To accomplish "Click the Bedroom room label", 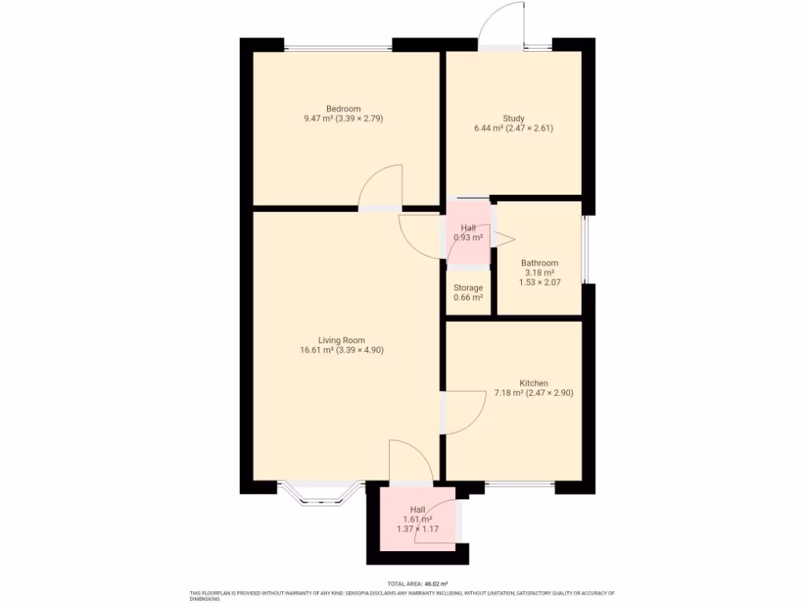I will [344, 108].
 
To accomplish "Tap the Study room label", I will [514, 119].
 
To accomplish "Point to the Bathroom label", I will [539, 263].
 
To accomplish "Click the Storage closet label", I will [468, 288].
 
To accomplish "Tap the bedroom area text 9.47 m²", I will [318, 119].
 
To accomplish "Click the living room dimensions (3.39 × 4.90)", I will [360, 350].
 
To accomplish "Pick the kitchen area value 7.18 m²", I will [509, 393].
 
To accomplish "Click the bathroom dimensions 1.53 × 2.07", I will [539, 282].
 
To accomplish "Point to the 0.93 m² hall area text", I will [468, 237].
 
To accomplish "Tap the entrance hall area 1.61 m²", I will [417, 519].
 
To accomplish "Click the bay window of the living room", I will [319, 491].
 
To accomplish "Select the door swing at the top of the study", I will [501, 24].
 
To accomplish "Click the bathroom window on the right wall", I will [584, 248].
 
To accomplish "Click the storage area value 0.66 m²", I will [468, 298].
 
